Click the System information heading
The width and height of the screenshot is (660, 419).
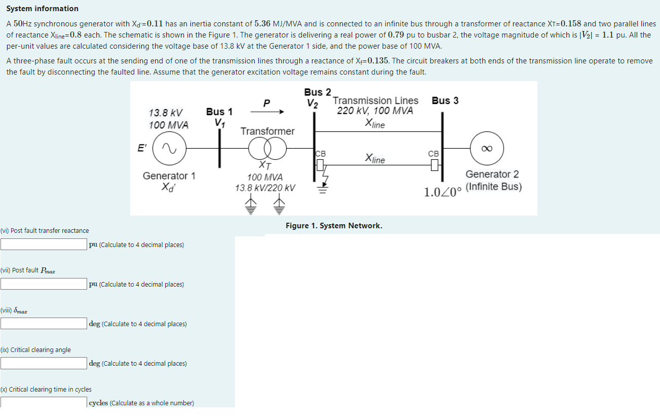(x=42, y=9)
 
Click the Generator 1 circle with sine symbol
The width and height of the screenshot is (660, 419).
(x=169, y=148)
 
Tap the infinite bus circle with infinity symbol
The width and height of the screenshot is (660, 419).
(x=487, y=148)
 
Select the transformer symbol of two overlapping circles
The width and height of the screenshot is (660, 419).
(x=267, y=149)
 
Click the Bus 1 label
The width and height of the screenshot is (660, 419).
(x=219, y=112)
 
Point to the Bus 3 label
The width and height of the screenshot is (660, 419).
(x=445, y=100)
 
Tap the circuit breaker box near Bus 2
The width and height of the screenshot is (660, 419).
(x=320, y=165)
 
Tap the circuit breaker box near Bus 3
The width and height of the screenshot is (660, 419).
(x=434, y=165)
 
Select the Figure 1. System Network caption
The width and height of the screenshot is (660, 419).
(x=334, y=226)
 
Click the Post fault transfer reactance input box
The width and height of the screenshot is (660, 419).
(x=44, y=245)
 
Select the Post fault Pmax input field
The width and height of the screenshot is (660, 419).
(x=44, y=284)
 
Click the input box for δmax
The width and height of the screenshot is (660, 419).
(x=44, y=324)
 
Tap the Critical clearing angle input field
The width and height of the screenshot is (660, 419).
(x=44, y=363)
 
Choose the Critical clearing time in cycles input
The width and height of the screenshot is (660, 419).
(x=44, y=402)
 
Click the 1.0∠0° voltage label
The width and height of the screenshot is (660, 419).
(x=443, y=192)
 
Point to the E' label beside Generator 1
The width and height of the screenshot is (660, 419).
(x=142, y=148)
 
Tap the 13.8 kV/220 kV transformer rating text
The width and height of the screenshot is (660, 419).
(x=265, y=188)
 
